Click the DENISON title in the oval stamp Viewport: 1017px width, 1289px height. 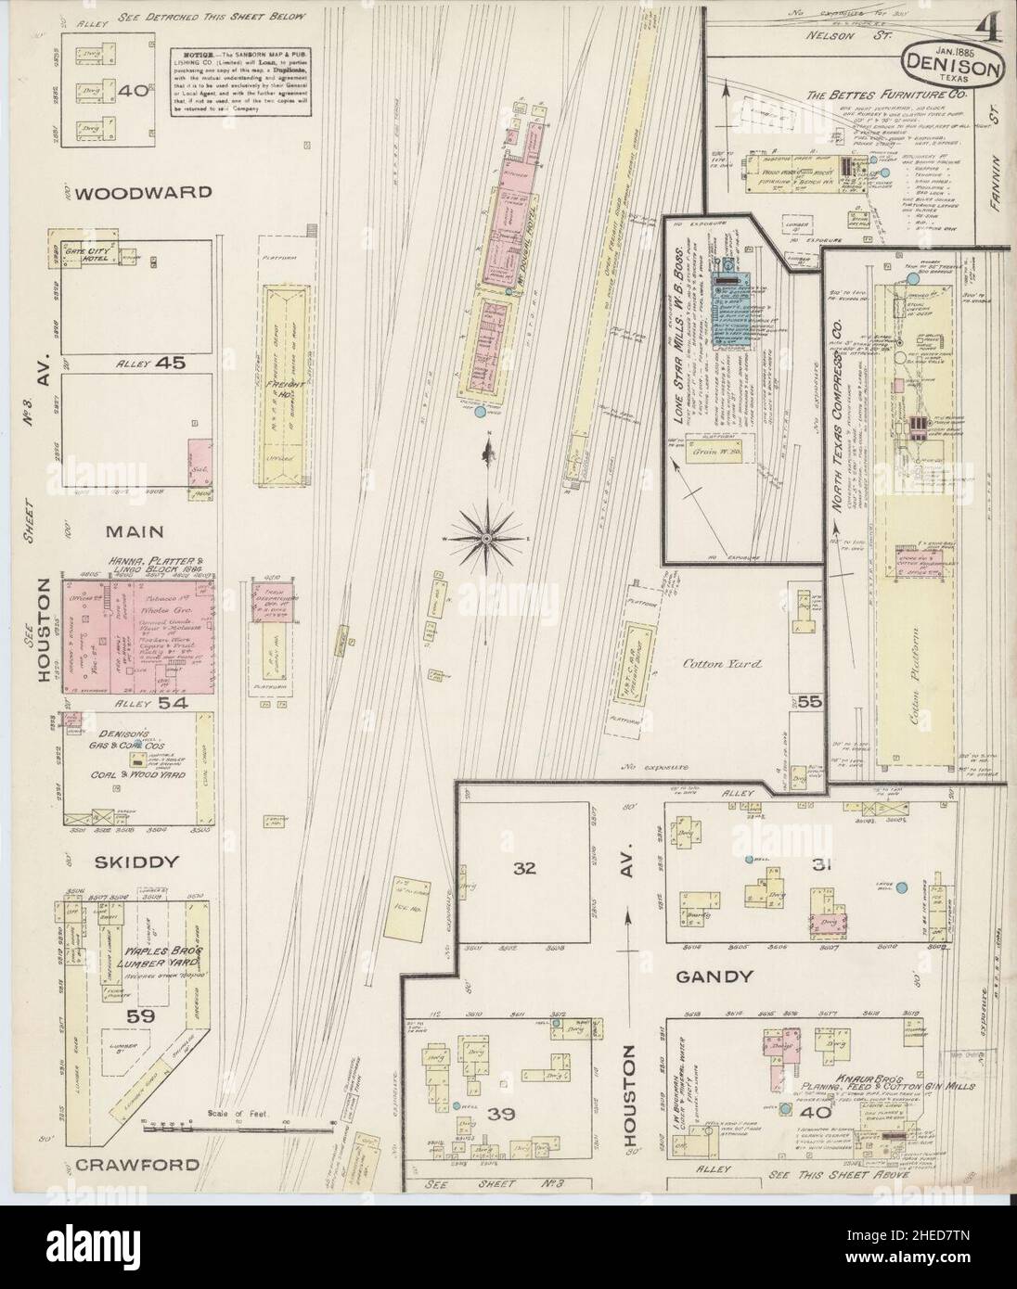click(955, 67)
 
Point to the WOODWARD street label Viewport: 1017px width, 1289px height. click(144, 194)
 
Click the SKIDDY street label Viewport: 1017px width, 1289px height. click(135, 861)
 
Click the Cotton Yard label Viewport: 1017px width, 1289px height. click(709, 665)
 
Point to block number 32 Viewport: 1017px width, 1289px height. click(526, 869)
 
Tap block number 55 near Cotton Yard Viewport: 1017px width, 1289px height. click(808, 702)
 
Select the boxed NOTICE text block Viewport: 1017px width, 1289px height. click(240, 82)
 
